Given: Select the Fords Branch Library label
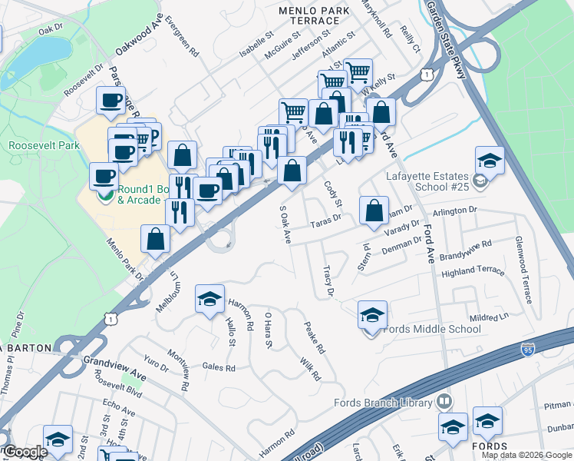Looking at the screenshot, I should click(383, 403).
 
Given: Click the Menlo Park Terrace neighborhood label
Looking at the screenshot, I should click(316, 16).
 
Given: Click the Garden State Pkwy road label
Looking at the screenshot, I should click(447, 35).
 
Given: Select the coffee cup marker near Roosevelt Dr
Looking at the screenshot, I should click(111, 100).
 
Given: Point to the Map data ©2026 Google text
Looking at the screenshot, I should click(526, 455).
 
